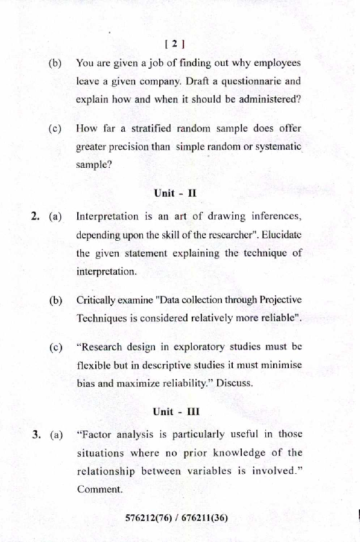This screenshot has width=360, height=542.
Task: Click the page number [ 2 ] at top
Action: coord(174,43)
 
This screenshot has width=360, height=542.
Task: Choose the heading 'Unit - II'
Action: coord(175,193)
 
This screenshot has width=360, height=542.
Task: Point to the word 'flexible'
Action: coord(94,366)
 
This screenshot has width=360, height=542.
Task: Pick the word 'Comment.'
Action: coord(99,489)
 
